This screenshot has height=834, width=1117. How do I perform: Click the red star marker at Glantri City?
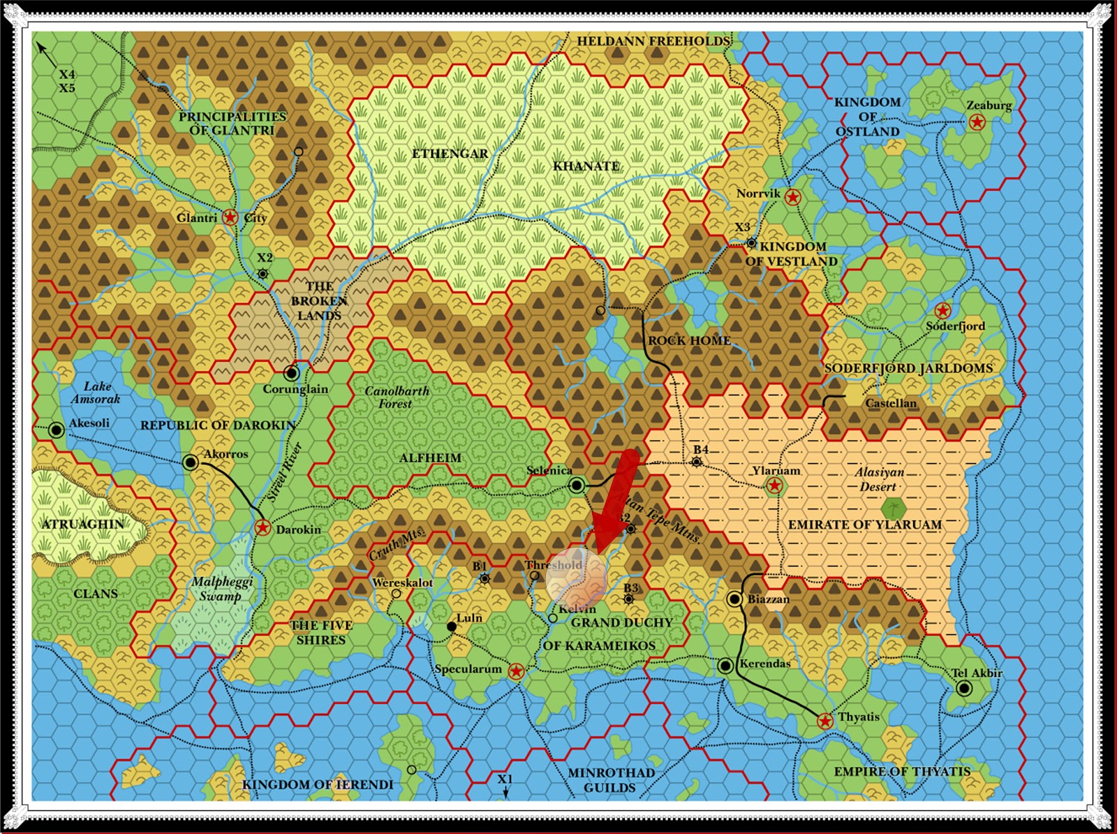(230, 217)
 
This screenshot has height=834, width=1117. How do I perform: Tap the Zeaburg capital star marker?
(977, 123)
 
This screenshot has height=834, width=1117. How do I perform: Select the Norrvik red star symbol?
(792, 197)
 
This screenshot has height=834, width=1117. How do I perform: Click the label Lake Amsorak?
(96, 393)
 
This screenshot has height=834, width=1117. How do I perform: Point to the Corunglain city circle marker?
(292, 373)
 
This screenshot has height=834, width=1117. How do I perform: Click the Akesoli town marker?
(57, 430)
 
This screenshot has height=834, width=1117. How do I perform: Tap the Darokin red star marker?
(262, 528)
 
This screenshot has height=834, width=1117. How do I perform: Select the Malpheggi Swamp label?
(221, 589)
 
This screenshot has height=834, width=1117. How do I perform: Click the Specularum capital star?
(516, 671)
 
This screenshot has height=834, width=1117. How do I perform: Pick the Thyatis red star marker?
(824, 720)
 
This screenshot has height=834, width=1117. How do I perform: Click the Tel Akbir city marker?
(964, 689)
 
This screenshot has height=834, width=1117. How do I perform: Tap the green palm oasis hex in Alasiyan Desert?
(890, 508)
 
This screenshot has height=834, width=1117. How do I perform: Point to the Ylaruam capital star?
(774, 485)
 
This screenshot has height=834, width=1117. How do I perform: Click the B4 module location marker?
(697, 462)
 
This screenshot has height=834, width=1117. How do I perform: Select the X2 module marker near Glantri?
(263, 273)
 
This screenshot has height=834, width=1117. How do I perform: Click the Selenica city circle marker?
(577, 485)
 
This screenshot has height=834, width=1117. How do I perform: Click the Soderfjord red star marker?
(942, 310)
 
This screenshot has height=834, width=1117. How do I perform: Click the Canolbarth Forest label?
(397, 397)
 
